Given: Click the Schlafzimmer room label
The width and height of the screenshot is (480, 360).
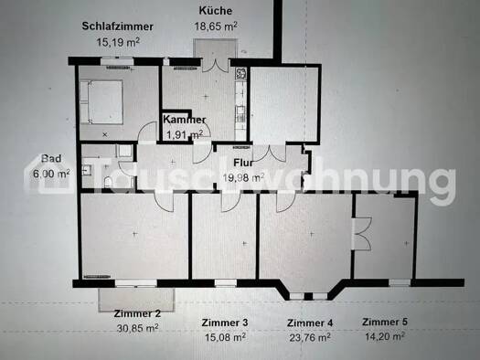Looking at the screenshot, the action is pyautogui.click(x=118, y=26).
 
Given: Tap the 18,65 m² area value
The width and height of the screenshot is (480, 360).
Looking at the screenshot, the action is pyautogui.click(x=216, y=26).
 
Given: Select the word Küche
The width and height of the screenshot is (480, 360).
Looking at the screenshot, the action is pyautogui.click(x=216, y=11).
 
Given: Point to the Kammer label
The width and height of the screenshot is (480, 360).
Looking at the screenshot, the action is pyautogui.click(x=185, y=120).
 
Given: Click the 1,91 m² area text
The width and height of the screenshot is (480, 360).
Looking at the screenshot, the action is pyautogui.click(x=185, y=134).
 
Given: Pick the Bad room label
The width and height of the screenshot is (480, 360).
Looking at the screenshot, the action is pyautogui.click(x=51, y=158).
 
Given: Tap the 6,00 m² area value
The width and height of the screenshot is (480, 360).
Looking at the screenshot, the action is pyautogui.click(x=51, y=174).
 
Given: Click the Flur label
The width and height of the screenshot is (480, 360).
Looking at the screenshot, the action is pyautogui.click(x=243, y=163).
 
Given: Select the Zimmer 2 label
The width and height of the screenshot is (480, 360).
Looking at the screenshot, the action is pyautogui.click(x=137, y=313).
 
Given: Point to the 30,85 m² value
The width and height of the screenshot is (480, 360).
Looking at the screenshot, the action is pyautogui.click(x=137, y=328).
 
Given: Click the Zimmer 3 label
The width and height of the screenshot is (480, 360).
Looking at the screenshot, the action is pyautogui.click(x=225, y=323).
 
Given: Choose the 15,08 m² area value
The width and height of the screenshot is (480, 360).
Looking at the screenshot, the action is pyautogui.click(x=225, y=337).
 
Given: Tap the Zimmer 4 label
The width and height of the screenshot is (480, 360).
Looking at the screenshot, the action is pyautogui.click(x=310, y=323).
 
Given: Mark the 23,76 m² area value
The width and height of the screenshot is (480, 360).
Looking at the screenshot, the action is pyautogui.click(x=310, y=338).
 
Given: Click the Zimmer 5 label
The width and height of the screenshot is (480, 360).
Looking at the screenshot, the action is pyautogui.click(x=385, y=322).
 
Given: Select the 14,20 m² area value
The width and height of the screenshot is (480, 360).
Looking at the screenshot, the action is pyautogui.click(x=385, y=336).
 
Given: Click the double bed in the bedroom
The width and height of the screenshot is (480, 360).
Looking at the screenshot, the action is pyautogui.click(x=101, y=101).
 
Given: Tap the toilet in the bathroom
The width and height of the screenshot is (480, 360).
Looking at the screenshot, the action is pyautogui.click(x=109, y=182).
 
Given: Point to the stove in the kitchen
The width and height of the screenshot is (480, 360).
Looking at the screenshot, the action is pyautogui.click(x=240, y=74).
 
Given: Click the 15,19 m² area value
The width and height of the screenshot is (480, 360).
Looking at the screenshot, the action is pyautogui.click(x=118, y=42).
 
